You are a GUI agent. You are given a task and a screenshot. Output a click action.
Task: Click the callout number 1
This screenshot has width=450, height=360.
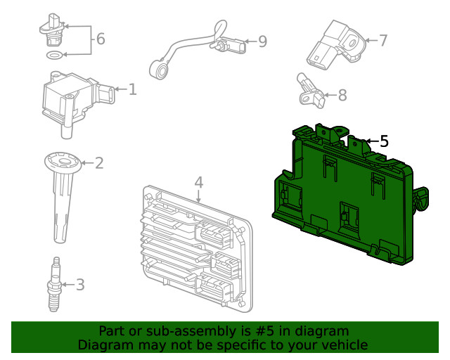(x=132, y=89)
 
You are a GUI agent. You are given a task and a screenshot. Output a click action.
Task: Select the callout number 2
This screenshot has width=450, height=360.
(x=99, y=163)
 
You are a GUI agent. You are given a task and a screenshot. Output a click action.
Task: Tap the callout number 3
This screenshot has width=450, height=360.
(x=79, y=285)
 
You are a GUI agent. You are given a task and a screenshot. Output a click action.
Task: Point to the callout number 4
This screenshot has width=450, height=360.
(x=199, y=182)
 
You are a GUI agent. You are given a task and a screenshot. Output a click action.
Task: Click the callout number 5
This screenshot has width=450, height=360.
(x=383, y=141)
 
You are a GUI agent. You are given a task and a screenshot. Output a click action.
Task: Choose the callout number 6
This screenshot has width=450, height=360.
(x=101, y=39)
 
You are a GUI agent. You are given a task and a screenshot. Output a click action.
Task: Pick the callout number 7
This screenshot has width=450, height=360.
(x=383, y=40)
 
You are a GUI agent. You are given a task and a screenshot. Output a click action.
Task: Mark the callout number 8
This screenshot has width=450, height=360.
(x=342, y=94)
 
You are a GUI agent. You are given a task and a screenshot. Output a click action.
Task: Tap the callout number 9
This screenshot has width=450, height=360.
(x=262, y=42)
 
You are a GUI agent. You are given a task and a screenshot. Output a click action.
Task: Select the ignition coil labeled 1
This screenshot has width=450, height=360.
(x=70, y=98)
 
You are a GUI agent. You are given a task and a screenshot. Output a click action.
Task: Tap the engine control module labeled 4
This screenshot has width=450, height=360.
(x=190, y=246)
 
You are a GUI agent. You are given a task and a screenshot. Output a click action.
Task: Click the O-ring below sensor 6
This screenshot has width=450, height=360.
(x=53, y=55)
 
